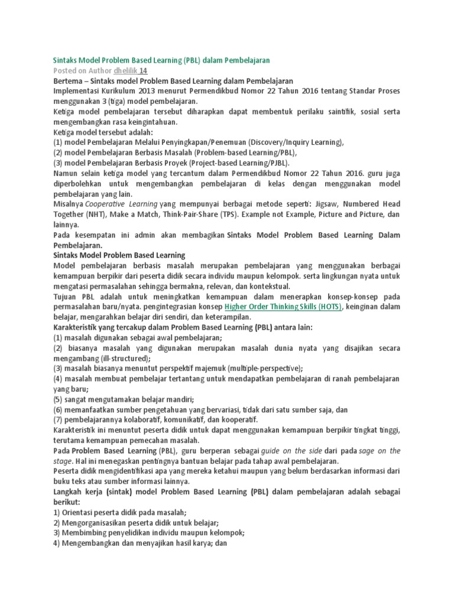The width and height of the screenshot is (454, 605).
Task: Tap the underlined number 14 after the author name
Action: pyautogui.click(x=143, y=70)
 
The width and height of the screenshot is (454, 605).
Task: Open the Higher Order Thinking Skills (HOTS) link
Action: pyautogui.click(x=283, y=307)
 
